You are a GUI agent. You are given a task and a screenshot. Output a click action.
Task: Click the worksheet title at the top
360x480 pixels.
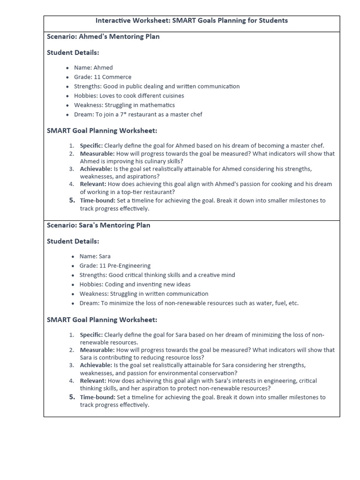tap(192, 21)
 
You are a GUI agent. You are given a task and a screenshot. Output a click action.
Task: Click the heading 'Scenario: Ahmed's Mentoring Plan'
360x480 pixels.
tap(103, 37)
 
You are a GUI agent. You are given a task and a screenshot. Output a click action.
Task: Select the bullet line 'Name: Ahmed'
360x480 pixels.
tap(93, 67)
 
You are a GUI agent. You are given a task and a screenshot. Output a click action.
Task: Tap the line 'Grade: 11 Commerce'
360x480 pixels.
tap(103, 77)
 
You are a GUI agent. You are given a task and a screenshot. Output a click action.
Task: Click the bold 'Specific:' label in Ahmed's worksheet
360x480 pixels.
tap(91, 146)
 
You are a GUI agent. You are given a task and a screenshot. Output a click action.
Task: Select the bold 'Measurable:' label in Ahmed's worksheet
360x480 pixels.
tap(97, 154)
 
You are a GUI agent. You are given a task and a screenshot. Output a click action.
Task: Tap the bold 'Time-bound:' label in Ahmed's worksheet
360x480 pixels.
tap(98, 201)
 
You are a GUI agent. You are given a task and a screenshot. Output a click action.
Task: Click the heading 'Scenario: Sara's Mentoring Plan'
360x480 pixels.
tap(98, 225)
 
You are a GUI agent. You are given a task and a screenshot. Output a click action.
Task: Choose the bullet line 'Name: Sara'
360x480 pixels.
tap(95, 256)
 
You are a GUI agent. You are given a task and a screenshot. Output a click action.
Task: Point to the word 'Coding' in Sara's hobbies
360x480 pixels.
tap(115, 285)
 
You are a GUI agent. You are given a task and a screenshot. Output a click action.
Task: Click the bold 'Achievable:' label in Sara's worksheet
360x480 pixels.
tap(96, 365)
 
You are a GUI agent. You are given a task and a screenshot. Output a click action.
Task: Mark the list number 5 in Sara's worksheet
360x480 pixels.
tap(72, 397)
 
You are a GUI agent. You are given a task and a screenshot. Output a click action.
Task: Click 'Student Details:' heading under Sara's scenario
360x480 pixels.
tap(73, 241)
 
